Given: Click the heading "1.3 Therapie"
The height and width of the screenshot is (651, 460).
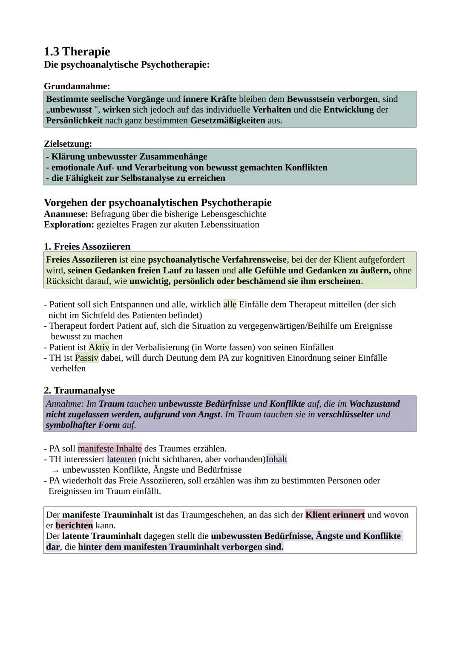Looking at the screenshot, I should (x=77, y=52).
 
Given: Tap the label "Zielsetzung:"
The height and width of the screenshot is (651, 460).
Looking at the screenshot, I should (x=68, y=144).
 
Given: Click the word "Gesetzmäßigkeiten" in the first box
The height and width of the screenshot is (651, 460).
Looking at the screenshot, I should (x=227, y=120).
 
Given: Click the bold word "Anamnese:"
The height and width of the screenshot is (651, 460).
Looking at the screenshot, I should (x=66, y=214).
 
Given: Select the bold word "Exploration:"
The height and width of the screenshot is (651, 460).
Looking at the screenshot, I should (x=69, y=225).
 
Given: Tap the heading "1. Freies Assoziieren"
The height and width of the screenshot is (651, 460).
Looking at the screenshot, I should (x=87, y=246).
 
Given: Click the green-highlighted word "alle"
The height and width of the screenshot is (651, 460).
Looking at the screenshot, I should (x=230, y=304).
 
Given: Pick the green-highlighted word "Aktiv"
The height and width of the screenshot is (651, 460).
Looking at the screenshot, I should (x=99, y=347).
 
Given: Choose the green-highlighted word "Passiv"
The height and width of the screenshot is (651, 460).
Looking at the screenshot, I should (x=86, y=358).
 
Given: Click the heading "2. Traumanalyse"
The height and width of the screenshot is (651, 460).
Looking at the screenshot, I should (x=79, y=390).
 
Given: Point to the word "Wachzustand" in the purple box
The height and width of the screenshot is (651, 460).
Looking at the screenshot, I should (x=374, y=403).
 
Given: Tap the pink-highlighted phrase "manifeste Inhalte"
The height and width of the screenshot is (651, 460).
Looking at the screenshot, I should (x=109, y=448).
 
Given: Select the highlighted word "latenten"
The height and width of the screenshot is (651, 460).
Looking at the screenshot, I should (x=121, y=459).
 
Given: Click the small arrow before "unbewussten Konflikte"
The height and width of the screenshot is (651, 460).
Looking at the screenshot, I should (x=55, y=470).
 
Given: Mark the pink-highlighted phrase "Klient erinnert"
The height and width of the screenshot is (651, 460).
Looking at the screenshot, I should (x=335, y=515).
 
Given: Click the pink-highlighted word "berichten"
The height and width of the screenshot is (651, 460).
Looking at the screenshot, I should (x=74, y=525).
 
